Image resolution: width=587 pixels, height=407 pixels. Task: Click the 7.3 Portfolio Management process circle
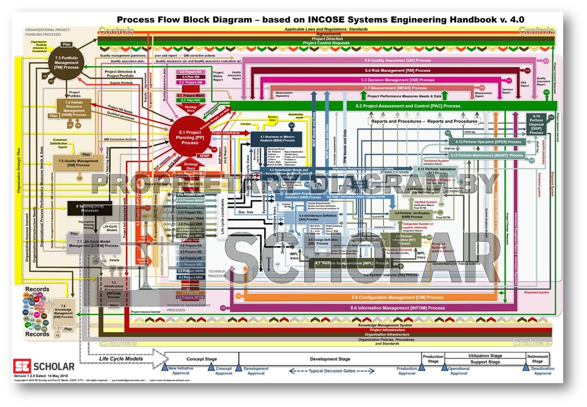pos(67,63)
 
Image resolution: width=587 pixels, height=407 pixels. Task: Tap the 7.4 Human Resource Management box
pos(74,108)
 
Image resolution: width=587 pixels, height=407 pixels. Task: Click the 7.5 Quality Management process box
pos(78,163)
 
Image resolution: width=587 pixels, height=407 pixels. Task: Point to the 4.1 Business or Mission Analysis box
pos(277,139)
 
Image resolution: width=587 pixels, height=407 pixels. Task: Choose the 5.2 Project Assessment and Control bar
pos(408,106)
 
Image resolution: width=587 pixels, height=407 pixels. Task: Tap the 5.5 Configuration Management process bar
pos(397,297)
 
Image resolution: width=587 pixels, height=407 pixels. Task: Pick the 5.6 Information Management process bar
pos(397,308)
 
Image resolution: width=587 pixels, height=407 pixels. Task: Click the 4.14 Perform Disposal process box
pos(536,124)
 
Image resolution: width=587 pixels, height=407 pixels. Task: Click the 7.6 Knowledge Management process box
pos(63,311)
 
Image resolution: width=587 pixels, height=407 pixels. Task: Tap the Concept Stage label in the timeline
pos(201,359)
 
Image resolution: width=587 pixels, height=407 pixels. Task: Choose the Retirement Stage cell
pos(537,359)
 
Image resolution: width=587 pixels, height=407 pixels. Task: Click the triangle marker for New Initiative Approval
pos(165,367)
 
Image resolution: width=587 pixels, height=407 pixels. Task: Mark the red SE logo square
pos(22,366)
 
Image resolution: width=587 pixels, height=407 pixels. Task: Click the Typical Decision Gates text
pos(332,371)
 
